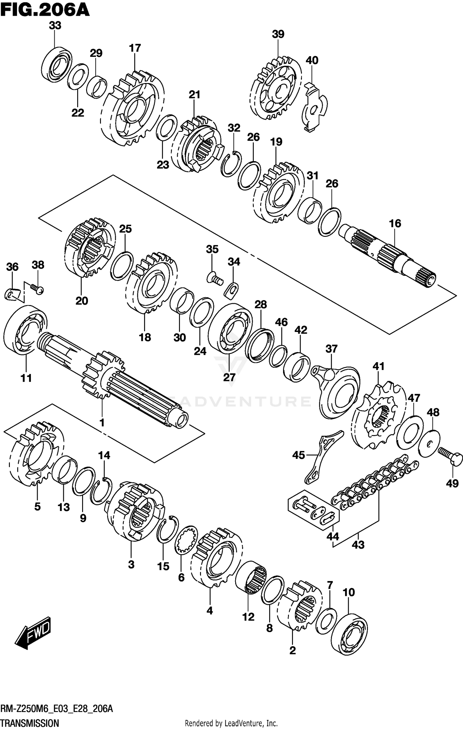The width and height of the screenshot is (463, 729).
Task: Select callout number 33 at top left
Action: point(55,26)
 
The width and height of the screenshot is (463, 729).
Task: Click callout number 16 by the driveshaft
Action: point(395,224)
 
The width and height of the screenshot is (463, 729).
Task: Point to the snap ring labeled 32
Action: point(231,165)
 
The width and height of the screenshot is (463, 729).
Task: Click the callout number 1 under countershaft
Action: point(102,423)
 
